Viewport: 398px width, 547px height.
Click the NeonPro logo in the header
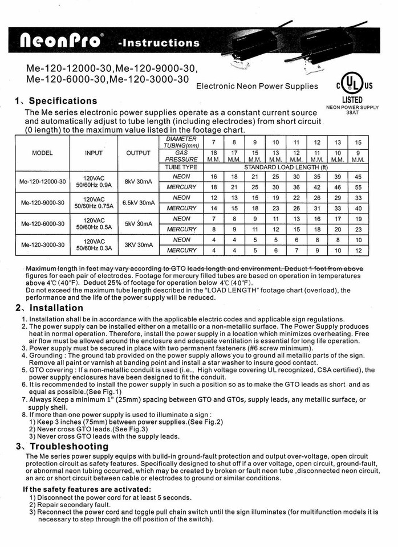point(62,40)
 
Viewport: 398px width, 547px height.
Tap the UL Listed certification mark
point(354,85)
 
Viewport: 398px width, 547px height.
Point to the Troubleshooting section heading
point(66,446)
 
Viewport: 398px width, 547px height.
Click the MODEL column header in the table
point(43,153)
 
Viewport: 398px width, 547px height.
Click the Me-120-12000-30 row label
point(43,182)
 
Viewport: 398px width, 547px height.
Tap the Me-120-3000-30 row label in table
point(43,245)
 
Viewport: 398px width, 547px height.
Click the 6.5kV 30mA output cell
point(139,203)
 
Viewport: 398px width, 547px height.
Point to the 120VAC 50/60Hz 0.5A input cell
point(94,224)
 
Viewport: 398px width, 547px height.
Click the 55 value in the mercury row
point(358,187)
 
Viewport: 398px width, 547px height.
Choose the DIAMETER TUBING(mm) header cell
point(181,142)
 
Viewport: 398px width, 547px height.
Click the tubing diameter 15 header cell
point(358,142)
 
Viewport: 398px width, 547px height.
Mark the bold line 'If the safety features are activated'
point(87,489)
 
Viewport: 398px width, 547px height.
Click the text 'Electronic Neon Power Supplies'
point(257,87)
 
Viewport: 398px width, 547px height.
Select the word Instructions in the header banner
point(159,43)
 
